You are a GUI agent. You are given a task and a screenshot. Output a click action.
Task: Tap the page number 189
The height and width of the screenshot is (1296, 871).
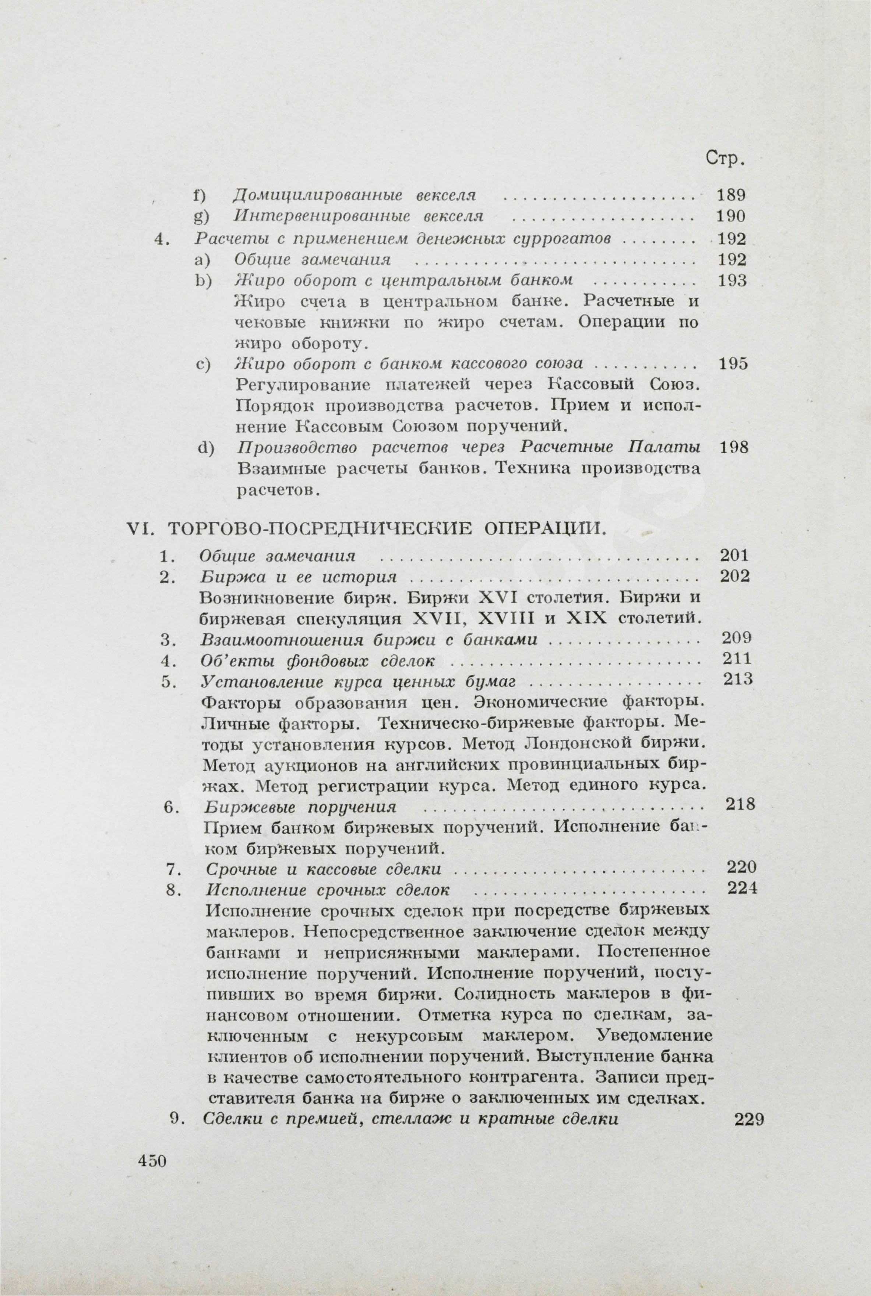731,195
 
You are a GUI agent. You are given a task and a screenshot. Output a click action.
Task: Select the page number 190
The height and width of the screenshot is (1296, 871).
731,216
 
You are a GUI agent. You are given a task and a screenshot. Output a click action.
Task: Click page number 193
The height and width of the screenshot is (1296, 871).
732,281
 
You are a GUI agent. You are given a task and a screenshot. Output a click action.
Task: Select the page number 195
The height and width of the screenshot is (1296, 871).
733,364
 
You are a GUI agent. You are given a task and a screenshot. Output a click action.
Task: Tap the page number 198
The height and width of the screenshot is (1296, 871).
734,447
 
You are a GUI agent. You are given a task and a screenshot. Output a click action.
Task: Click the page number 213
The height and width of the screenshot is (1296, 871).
738,679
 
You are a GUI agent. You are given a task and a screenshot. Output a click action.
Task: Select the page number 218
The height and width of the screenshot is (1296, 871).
740,804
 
